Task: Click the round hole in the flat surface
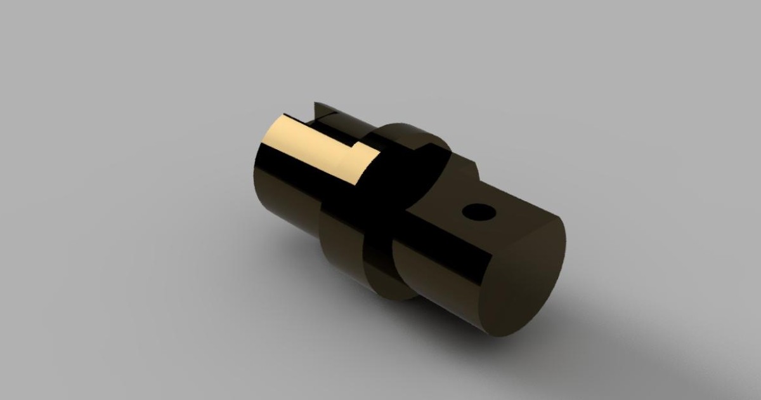479,211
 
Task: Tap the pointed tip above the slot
315,103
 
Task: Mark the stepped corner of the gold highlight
357,147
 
